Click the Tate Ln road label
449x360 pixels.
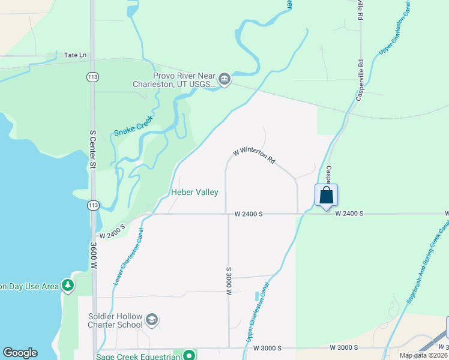click(75, 55)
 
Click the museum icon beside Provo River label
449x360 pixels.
click(224, 79)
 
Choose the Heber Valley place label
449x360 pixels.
click(194, 192)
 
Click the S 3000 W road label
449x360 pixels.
click(229, 281)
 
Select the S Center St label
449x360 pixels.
click(93, 148)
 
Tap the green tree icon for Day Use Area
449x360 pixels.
click(68, 286)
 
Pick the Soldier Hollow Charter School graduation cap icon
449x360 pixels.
click(152, 320)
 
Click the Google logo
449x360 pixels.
click(20, 353)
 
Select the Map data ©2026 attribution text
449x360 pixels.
click(423, 355)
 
